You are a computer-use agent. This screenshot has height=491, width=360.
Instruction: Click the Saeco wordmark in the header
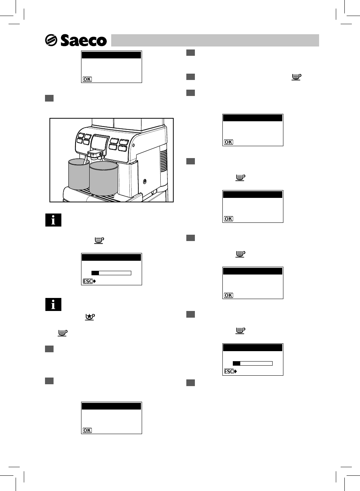pyautogui.click(x=84, y=41)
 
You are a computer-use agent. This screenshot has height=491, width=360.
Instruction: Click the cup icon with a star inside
pyautogui.click(x=90, y=317)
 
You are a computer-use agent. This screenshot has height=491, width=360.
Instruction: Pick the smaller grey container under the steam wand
pyautogui.click(x=78, y=174)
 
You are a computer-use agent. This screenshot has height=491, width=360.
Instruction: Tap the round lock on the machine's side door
pyautogui.click(x=145, y=182)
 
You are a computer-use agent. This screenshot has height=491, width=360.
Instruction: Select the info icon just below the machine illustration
pyautogui.click(x=53, y=220)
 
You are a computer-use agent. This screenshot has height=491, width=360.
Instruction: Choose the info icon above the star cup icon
pyautogui.click(x=53, y=305)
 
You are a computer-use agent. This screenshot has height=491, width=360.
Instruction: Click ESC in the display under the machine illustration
pyautogui.click(x=88, y=281)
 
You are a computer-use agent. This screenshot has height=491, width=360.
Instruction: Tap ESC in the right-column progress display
pyautogui.click(x=229, y=371)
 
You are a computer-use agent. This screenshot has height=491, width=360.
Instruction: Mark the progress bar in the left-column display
pyautogui.click(x=111, y=273)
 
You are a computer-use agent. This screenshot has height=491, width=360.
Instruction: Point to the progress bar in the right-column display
pyautogui.click(x=253, y=363)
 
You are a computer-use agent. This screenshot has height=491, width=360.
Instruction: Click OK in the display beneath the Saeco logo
pyautogui.click(x=87, y=79)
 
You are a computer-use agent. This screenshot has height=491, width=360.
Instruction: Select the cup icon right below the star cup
pyautogui.click(x=62, y=333)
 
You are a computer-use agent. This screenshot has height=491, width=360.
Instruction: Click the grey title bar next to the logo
pyautogui.click(x=215, y=40)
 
